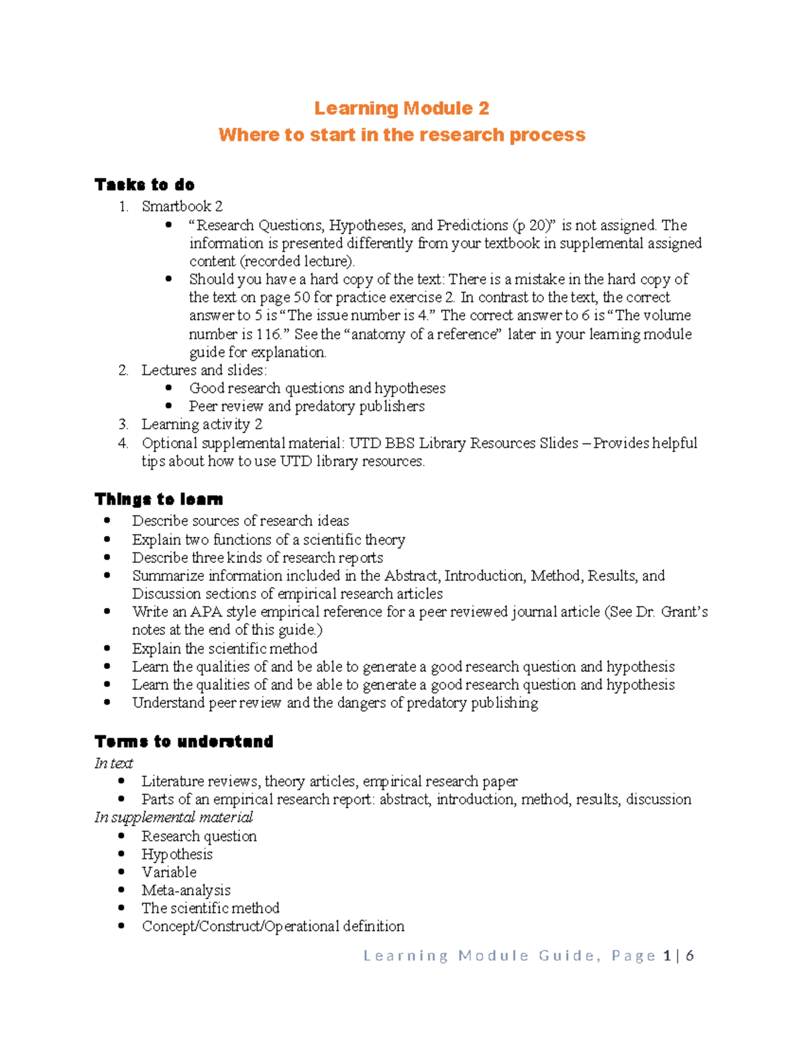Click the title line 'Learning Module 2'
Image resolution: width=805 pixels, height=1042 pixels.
click(401, 109)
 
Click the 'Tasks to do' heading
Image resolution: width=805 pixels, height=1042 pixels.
click(144, 185)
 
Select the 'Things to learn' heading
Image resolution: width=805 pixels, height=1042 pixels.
click(158, 499)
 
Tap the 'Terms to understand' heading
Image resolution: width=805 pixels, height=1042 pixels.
click(184, 741)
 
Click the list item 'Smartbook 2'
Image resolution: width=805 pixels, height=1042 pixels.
click(182, 207)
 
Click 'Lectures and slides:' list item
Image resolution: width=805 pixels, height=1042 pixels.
click(204, 370)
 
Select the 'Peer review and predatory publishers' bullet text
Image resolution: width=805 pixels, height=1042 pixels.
click(307, 407)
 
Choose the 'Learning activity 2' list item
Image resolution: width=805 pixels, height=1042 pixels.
click(202, 425)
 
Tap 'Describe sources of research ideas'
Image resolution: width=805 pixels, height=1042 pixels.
click(240, 521)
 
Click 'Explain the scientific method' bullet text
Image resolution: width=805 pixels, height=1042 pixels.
click(225, 649)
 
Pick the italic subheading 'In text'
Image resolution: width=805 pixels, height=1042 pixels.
click(113, 764)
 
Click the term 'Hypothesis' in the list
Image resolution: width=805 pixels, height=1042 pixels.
click(177, 855)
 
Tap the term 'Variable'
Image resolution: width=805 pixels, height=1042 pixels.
click(169, 873)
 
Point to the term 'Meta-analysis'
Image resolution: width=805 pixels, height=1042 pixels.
click(186, 891)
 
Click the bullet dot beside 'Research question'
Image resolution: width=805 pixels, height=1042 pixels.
click(121, 836)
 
